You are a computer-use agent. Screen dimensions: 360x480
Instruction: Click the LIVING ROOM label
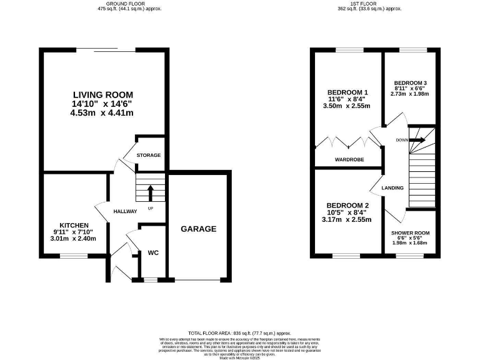point(103,94)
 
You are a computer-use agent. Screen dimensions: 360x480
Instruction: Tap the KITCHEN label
point(74,225)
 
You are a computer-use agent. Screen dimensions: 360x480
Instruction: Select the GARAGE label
point(199,229)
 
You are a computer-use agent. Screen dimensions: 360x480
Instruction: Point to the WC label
point(153,253)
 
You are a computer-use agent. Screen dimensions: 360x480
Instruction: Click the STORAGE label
point(149,155)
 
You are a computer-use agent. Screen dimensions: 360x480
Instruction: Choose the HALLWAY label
point(125,211)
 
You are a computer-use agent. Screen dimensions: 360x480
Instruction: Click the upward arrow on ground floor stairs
point(150,192)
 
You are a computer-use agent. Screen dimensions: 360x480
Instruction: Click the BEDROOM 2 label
point(346,206)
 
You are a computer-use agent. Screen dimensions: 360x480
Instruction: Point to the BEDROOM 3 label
point(410,83)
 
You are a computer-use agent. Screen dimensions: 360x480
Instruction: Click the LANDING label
point(392,187)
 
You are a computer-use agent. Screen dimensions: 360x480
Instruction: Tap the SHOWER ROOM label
point(410,232)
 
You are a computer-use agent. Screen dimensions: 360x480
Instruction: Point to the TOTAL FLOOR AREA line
point(240,334)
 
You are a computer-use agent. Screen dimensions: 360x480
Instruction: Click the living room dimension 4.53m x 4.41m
point(103,113)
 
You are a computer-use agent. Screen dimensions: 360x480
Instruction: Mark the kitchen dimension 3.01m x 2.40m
point(74,238)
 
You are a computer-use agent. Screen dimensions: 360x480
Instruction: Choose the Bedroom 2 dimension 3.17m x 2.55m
point(346,219)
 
